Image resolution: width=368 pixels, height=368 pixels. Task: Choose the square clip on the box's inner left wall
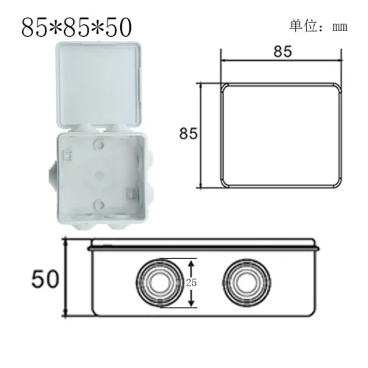[68, 156]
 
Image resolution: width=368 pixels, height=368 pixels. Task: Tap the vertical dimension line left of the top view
[203, 134]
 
